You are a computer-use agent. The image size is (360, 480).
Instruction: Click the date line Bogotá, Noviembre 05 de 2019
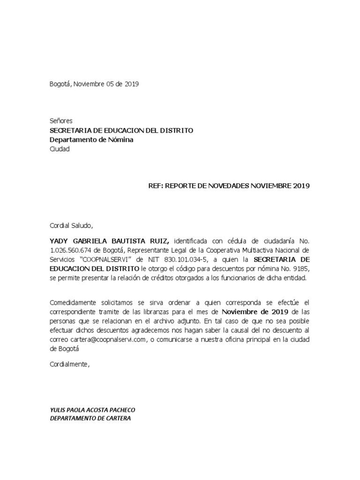click(x=94, y=84)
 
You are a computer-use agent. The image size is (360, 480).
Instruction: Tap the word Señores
click(x=61, y=121)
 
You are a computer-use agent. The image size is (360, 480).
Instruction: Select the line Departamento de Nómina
click(x=91, y=140)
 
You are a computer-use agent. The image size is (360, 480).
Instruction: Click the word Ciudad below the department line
click(x=60, y=149)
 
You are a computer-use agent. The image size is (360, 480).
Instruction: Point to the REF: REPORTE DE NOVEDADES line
click(x=229, y=186)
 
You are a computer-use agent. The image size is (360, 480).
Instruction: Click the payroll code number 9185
click(x=302, y=269)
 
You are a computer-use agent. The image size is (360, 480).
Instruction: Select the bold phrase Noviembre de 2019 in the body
click(x=251, y=312)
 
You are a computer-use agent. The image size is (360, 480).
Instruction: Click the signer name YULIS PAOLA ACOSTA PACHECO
click(x=92, y=410)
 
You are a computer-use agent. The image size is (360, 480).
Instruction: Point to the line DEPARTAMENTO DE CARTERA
click(x=90, y=419)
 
